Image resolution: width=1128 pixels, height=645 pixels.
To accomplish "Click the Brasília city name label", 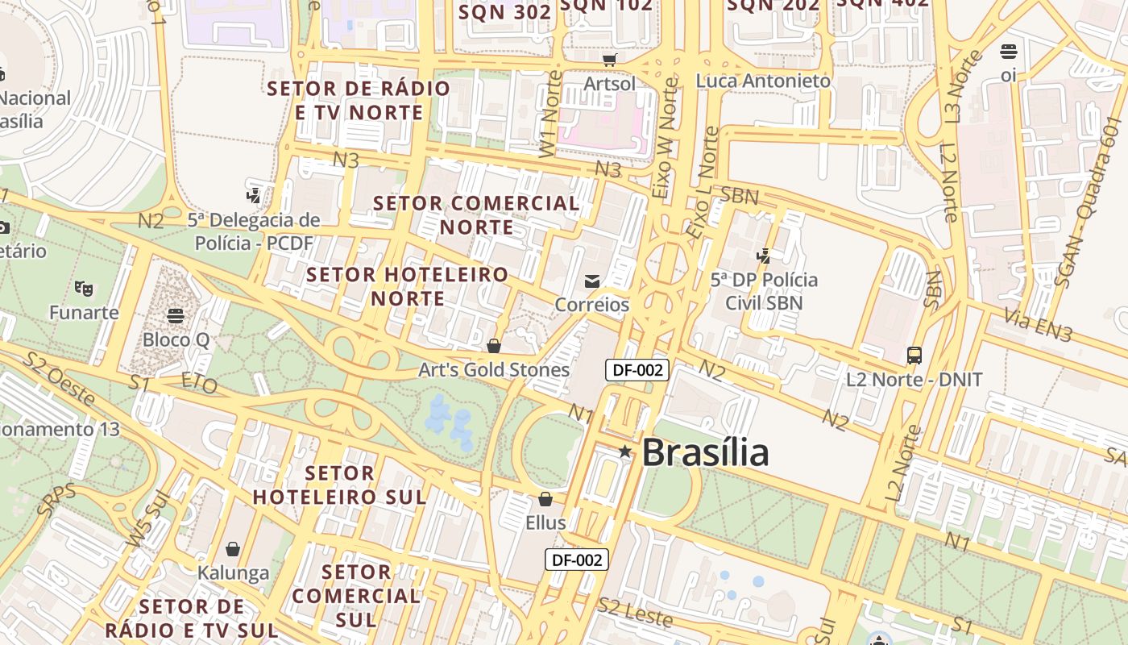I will [x=705, y=452].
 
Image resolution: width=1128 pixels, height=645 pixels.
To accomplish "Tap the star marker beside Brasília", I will [x=625, y=451].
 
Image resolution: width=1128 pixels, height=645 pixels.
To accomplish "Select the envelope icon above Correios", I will [x=592, y=281].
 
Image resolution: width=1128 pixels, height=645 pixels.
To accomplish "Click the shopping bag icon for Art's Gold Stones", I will [x=494, y=346].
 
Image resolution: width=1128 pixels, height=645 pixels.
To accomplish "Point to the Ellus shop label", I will [x=545, y=522].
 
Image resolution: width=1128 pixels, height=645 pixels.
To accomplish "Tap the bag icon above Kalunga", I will [x=233, y=549].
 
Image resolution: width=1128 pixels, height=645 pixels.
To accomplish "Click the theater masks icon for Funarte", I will [x=83, y=287].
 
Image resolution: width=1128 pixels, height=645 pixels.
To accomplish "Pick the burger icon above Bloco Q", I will [x=176, y=314].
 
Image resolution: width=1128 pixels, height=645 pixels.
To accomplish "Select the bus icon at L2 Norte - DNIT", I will [x=914, y=355].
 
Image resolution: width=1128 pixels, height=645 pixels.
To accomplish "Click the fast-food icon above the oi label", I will [x=1009, y=52].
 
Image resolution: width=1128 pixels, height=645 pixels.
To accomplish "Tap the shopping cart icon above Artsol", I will [x=610, y=60].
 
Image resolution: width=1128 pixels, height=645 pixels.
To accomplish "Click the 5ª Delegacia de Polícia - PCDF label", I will [x=254, y=231].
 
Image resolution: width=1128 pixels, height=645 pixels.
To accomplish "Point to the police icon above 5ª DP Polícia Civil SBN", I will [x=764, y=256].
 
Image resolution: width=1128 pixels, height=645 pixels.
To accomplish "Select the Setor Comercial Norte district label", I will [x=477, y=215].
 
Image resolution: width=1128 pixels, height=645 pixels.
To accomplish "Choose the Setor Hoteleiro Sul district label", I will [x=340, y=485].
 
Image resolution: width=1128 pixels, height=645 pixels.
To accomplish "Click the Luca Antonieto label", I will [x=763, y=81].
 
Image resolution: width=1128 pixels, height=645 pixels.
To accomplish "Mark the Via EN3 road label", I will [x=1038, y=327].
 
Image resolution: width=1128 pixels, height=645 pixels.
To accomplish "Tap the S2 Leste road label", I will [x=635, y=613].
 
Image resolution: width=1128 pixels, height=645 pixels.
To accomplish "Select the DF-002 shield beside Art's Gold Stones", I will [x=637, y=370].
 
